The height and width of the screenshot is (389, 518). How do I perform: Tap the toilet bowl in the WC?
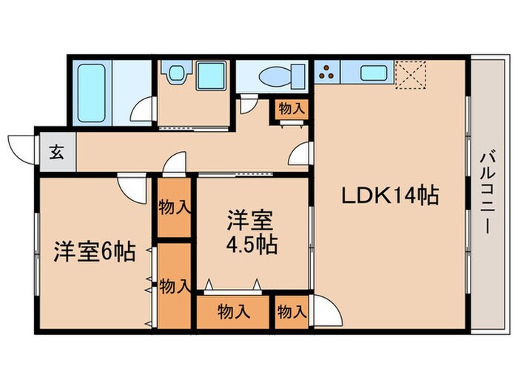pos(275,76)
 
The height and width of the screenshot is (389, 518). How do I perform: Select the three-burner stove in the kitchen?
pos(328,73)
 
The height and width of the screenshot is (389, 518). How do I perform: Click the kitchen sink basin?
pos(371,73)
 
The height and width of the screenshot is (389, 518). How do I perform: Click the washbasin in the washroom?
pos(176,74)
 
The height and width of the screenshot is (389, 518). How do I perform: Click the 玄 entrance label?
pos(55,154)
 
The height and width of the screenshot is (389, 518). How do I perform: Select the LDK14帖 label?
pos(390,196)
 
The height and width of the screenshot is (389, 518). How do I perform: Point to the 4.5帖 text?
pos(252,245)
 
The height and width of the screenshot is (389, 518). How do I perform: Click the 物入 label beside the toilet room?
pos(291,108)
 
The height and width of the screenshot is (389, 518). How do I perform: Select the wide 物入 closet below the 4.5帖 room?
pos(233,312)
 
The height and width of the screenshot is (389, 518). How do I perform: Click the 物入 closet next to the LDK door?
pos(291,312)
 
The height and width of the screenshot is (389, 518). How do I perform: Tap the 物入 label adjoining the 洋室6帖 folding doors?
pos(175,285)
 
